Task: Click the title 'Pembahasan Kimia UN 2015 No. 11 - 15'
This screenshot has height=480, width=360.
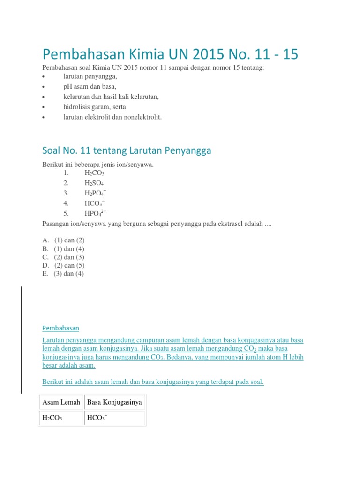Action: click(170, 54)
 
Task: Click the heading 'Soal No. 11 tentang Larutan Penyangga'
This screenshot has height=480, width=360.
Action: click(127, 150)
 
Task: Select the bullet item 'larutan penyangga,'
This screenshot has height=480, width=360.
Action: click(90, 76)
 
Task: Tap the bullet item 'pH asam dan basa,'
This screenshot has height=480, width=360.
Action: click(90, 87)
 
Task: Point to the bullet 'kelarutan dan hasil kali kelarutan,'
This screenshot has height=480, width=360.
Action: click(112, 97)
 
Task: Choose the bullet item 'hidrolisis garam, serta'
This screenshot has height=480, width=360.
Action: click(95, 107)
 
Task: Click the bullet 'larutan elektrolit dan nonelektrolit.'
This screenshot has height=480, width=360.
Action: click(112, 117)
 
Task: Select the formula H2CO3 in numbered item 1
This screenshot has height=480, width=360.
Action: click(94, 173)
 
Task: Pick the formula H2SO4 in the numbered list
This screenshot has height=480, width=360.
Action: click(94, 183)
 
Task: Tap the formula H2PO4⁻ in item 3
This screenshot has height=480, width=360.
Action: click(95, 193)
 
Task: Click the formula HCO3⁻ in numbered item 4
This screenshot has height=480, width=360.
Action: click(95, 203)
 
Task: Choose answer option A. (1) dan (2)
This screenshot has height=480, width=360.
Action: click(63, 240)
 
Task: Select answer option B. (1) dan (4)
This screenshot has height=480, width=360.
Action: click(63, 248)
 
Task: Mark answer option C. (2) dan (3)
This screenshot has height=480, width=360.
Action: click(63, 257)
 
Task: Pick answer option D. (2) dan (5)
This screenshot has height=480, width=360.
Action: click(63, 265)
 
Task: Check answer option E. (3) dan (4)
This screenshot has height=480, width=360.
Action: click(63, 274)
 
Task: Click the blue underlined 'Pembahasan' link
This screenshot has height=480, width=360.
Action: click(60, 328)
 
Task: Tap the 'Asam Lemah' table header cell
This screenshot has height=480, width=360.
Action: click(61, 402)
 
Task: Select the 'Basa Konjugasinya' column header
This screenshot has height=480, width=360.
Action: click(115, 402)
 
